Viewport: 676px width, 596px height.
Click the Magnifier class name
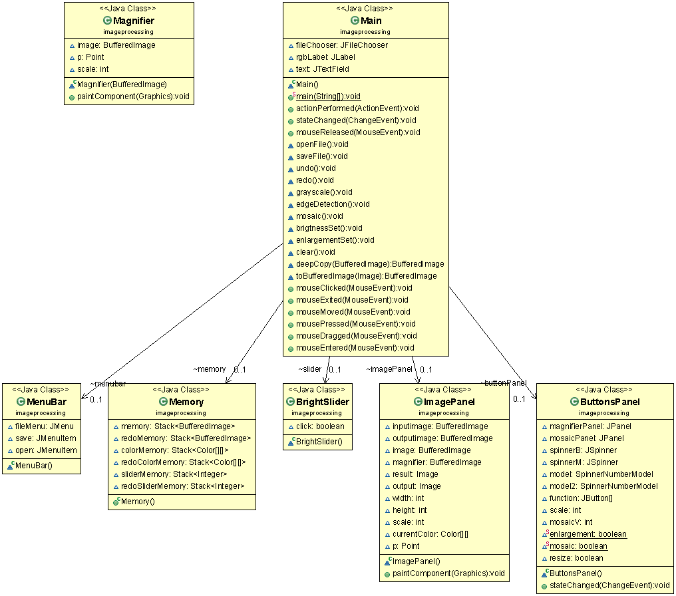(133, 21)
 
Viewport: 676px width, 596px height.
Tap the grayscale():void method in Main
(324, 192)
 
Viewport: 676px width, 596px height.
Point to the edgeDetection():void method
(333, 204)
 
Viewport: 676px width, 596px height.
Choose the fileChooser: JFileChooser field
(341, 45)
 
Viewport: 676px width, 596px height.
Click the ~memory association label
(210, 369)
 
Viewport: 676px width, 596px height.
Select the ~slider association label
(310, 369)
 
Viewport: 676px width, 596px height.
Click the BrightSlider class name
(322, 402)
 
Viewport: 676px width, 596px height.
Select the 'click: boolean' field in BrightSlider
(320, 426)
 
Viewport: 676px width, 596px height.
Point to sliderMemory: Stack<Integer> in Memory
(174, 474)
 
